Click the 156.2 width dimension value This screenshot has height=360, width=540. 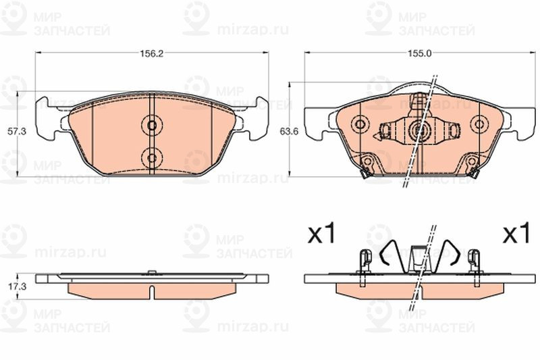pos(151,53)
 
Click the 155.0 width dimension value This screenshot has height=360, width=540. pos(419,53)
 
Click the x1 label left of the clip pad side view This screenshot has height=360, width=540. pos(322,234)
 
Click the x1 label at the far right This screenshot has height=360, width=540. pos(516,234)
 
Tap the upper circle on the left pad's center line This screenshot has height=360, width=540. pos(152,126)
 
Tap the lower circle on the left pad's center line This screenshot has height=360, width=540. pos(152,158)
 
